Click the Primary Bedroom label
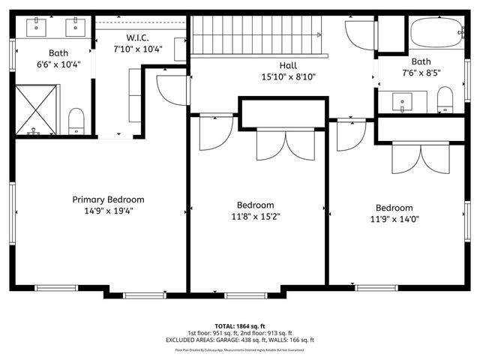tap(108, 199)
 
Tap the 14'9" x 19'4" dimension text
tap(108, 211)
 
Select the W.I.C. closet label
tap(136, 37)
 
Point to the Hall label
tap(289, 65)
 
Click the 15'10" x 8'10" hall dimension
tap(289, 76)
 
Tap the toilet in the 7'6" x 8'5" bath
tap(445, 98)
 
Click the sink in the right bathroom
tap(403, 101)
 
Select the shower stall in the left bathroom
tap(34, 109)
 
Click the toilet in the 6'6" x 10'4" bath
tap(76, 120)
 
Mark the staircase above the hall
tap(255, 36)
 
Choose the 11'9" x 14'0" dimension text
tap(394, 219)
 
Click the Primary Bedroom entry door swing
tap(170, 88)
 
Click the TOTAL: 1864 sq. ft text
tap(240, 326)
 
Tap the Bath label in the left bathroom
tap(58, 52)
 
